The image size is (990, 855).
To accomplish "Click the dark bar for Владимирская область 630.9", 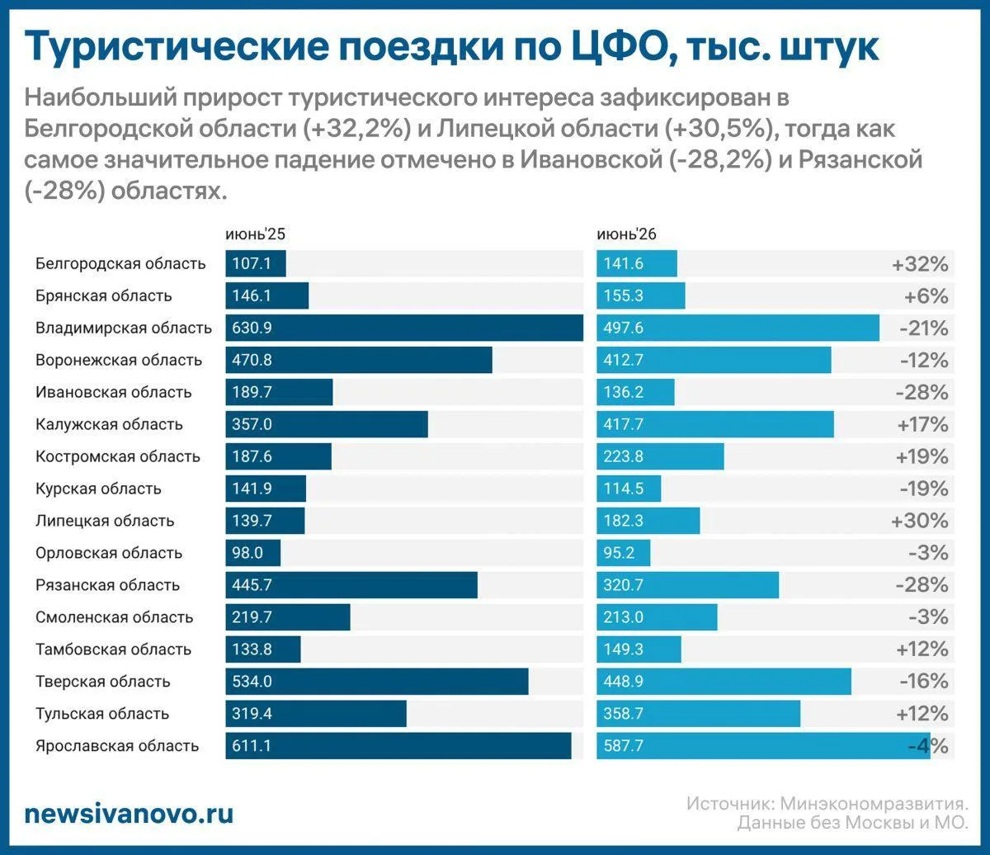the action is tap(404, 328).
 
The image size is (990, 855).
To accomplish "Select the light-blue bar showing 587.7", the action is tap(763, 746).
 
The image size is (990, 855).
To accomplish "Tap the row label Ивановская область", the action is tap(114, 392).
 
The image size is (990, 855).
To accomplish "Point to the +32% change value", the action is tap(920, 264).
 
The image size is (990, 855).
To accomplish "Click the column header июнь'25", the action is tap(255, 234).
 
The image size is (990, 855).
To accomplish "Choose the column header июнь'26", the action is tap(626, 234).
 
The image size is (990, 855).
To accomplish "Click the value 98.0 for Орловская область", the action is tap(247, 553).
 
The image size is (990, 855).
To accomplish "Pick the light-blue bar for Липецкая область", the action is tap(648, 521).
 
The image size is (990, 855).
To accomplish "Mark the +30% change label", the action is tap(920, 521).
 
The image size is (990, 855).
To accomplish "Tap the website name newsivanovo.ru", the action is tap(129, 813).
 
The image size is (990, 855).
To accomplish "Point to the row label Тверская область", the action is tap(103, 682).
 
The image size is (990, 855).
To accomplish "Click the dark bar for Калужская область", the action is tap(327, 424).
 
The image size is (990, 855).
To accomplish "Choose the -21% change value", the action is tap(924, 328).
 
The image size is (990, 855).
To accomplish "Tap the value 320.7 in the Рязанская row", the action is tap(623, 585).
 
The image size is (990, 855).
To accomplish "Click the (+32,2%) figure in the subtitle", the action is tap(357, 129).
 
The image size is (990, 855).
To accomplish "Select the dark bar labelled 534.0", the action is tap(377, 682).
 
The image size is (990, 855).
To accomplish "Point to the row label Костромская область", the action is tap(118, 456).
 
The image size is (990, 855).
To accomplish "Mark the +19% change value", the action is tap(922, 456).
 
